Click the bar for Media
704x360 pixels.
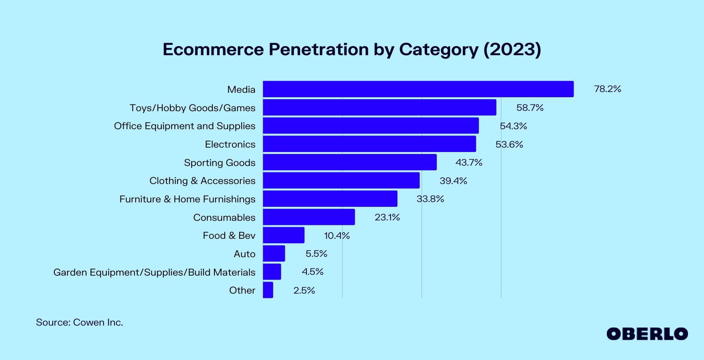[418, 89]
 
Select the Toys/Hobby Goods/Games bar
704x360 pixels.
[379, 107]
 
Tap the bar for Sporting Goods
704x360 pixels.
[350, 162]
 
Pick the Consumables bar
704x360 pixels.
[309, 217]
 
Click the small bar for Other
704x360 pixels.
[268, 290]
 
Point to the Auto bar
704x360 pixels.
[274, 253]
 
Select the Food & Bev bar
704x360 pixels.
[284, 235]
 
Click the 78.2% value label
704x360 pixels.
[607, 89]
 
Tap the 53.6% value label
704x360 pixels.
[509, 144]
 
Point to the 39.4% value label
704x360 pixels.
[453, 181]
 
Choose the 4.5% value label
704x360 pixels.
[312, 272]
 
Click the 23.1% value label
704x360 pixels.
[387, 217]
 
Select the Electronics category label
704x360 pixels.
[230, 144]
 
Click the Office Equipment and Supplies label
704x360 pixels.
[184, 126]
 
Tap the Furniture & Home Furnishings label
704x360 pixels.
[187, 199]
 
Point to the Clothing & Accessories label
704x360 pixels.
[202, 181]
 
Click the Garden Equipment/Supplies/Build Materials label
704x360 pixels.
[154, 272]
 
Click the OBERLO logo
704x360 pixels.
[647, 334]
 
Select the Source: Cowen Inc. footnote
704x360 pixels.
[79, 322]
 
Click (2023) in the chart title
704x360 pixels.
[512, 50]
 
